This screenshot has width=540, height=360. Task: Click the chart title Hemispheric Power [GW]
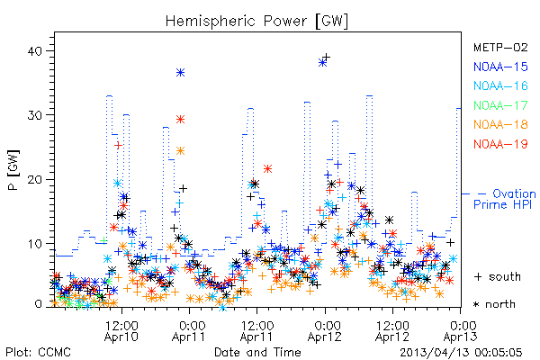click(256, 22)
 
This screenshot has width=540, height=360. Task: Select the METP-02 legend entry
click(500, 47)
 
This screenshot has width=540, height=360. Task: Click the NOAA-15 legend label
click(500, 67)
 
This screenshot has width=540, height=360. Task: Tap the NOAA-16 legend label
click(500, 85)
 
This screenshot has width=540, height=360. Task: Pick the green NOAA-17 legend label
click(500, 105)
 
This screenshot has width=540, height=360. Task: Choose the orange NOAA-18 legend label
click(500, 124)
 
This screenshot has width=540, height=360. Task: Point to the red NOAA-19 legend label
click(500, 144)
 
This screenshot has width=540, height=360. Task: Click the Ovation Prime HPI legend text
click(505, 199)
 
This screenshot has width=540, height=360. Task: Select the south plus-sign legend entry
click(498, 276)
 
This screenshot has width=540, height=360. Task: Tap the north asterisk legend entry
click(494, 304)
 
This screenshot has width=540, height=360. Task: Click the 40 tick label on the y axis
click(34, 51)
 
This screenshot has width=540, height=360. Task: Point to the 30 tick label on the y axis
click(34, 115)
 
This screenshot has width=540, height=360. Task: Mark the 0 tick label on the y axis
click(39, 304)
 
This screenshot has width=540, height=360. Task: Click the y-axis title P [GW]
click(13, 169)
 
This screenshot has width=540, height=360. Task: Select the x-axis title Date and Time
click(257, 352)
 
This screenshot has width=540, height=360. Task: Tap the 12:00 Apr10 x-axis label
click(121, 330)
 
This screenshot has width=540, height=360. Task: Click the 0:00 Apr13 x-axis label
click(461, 330)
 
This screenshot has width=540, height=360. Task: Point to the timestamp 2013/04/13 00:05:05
click(461, 352)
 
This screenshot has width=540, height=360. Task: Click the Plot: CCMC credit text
click(38, 352)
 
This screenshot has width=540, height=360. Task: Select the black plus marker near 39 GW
click(327, 57)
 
